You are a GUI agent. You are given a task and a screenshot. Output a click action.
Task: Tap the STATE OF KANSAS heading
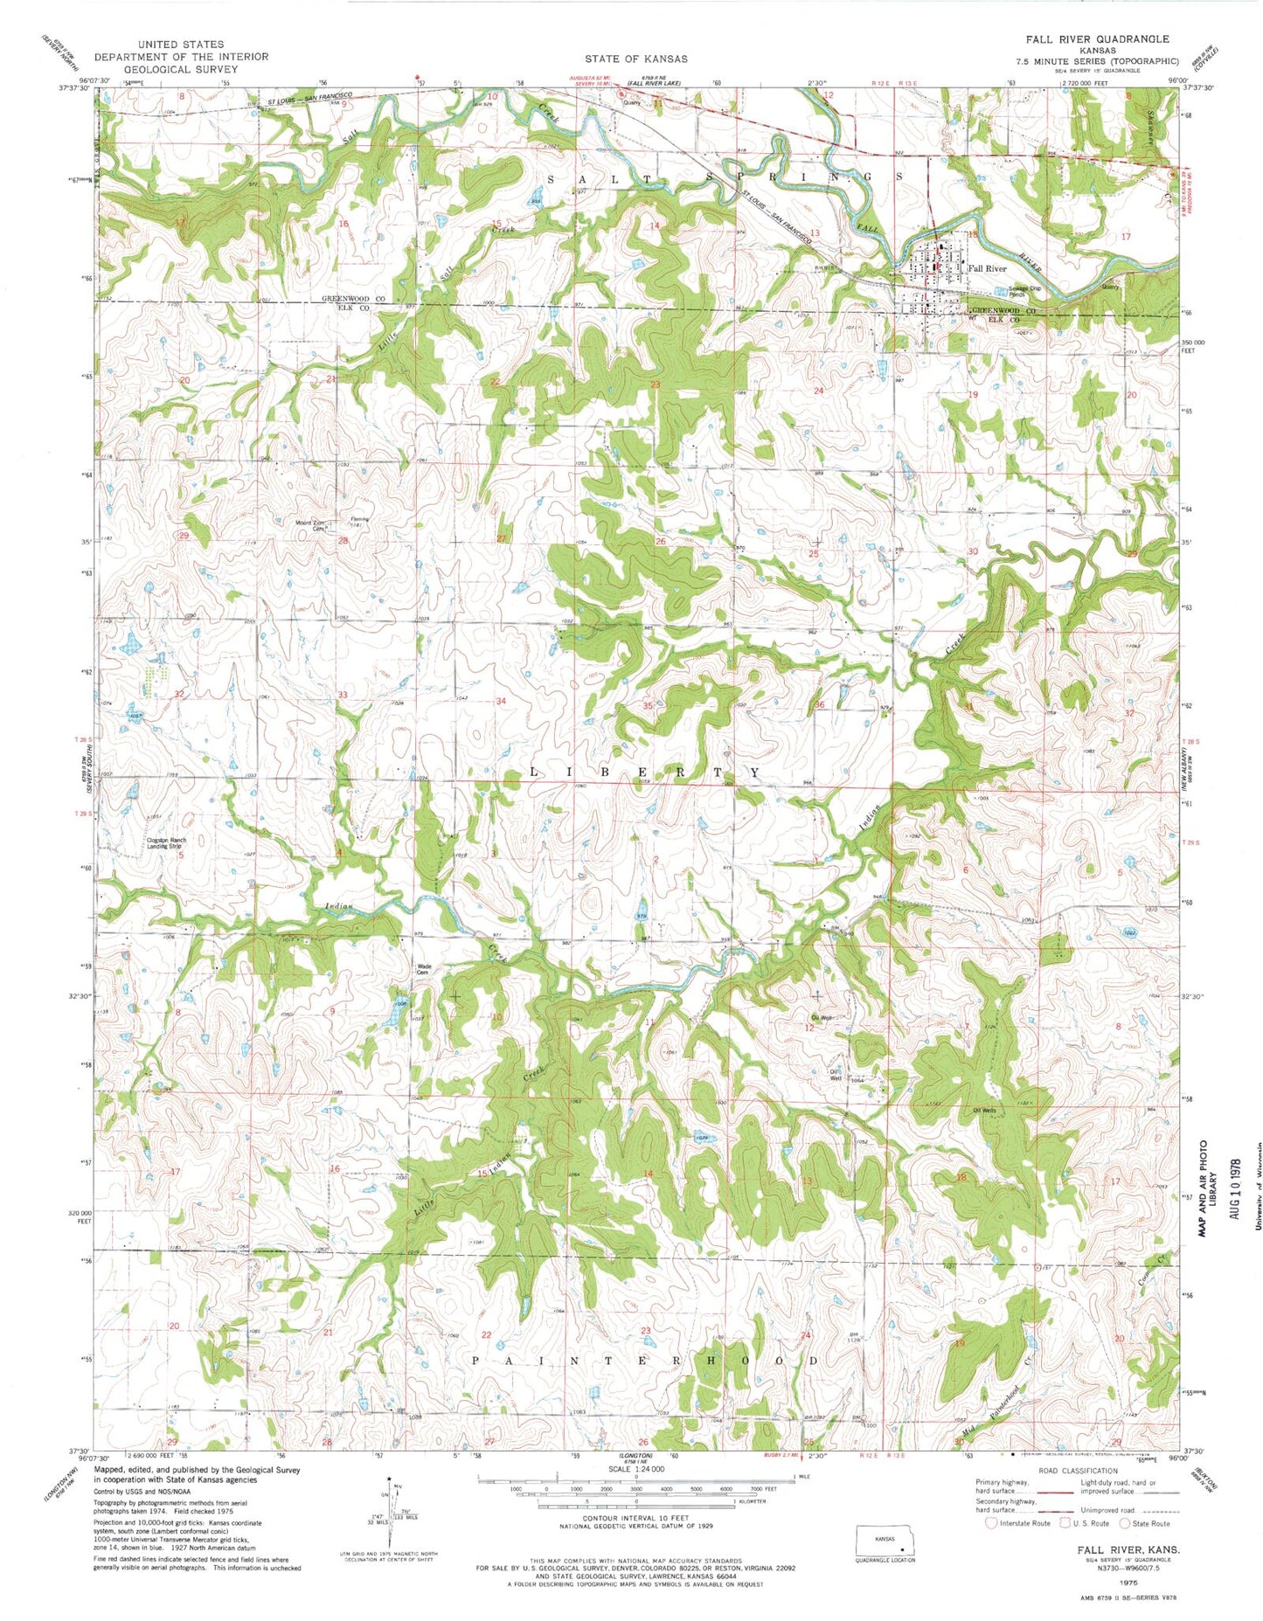pyautogui.click(x=635, y=59)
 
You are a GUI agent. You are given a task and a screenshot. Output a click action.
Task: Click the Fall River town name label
pyautogui.click(x=986, y=269)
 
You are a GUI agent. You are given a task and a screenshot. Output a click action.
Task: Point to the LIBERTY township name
pyautogui.click(x=645, y=773)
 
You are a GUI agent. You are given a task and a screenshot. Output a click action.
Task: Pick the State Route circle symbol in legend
pyautogui.click(x=1126, y=1523)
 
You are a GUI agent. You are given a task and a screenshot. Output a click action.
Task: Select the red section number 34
pyautogui.click(x=501, y=702)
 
